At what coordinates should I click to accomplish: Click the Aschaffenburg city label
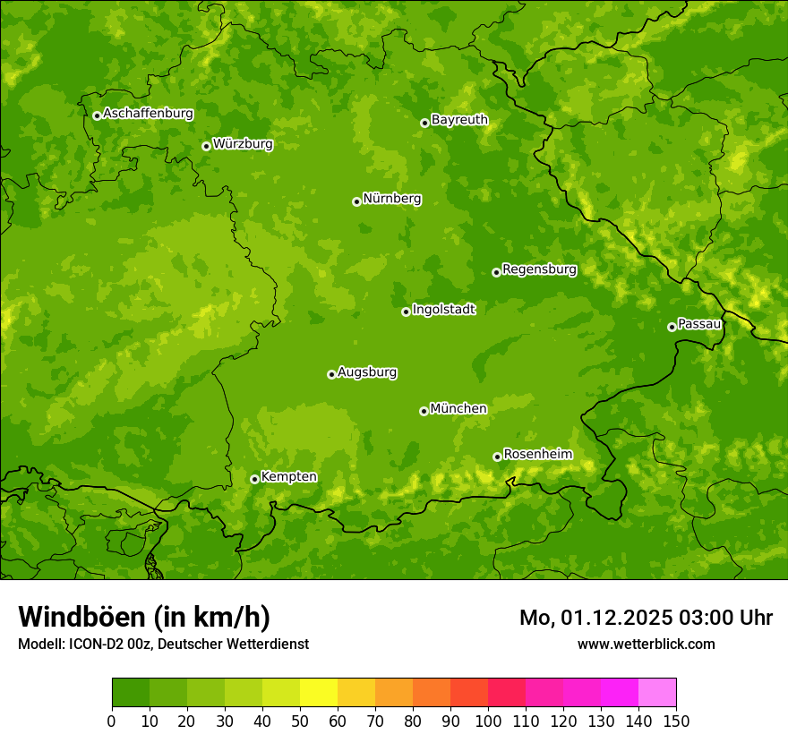click(x=148, y=114)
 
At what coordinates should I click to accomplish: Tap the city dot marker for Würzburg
click(x=206, y=146)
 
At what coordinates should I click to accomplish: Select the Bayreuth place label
click(x=459, y=120)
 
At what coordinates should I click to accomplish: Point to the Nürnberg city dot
click(x=356, y=201)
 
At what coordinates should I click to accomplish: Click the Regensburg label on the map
click(x=539, y=269)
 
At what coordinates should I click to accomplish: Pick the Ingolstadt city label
click(x=443, y=310)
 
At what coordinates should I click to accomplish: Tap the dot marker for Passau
click(x=672, y=327)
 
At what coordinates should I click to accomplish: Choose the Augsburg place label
click(x=367, y=372)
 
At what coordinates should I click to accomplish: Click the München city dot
click(x=424, y=411)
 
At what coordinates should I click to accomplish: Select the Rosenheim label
click(x=537, y=455)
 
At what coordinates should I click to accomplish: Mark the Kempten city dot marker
click(x=254, y=479)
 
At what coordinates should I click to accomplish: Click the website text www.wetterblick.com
click(x=646, y=644)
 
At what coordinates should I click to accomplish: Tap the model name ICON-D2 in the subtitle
click(x=94, y=644)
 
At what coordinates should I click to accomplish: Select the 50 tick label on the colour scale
click(x=300, y=721)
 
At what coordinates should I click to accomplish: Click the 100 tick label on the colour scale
click(x=488, y=721)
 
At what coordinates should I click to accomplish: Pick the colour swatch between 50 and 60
click(x=319, y=693)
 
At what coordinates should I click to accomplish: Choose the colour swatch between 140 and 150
click(x=657, y=693)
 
